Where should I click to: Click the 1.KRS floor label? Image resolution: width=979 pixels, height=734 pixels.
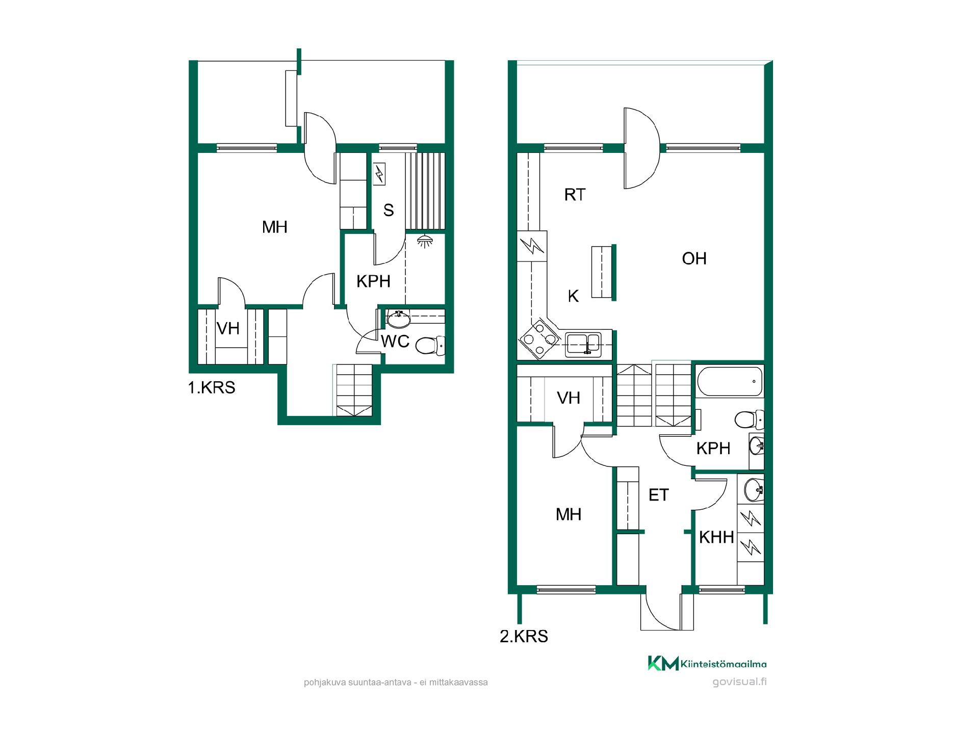[x=212, y=387]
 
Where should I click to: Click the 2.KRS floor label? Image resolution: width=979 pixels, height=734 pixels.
[x=524, y=636]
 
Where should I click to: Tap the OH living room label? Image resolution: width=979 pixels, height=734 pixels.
[x=694, y=258]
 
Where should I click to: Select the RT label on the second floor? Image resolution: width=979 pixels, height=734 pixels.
[x=575, y=194]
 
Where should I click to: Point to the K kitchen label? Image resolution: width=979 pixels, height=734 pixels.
[x=573, y=296]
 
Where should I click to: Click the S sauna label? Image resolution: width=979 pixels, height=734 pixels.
[x=389, y=210]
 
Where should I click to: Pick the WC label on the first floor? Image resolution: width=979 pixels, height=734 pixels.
[x=395, y=341]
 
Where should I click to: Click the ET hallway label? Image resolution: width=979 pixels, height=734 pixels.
[x=658, y=495]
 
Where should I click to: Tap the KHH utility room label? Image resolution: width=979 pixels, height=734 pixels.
[x=716, y=537]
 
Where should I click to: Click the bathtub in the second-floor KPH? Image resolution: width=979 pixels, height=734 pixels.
[x=729, y=381]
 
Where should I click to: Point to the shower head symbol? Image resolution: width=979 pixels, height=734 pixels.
[x=424, y=241]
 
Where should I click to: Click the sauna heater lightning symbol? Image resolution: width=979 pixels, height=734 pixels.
[x=379, y=174]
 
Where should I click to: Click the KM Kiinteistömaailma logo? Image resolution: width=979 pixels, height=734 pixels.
[x=707, y=663]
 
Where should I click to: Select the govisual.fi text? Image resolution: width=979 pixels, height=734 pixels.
[x=739, y=682]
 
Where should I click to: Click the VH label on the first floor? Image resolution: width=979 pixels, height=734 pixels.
[x=228, y=328]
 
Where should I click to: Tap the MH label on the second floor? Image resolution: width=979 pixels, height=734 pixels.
[x=569, y=514]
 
